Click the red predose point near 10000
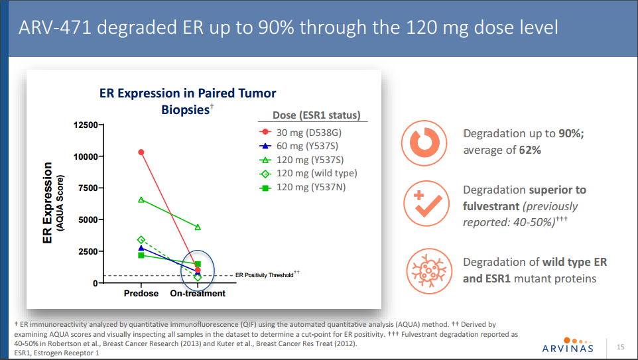coord(141,152)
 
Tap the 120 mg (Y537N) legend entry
coord(311,187)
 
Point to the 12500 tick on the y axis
coord(84,125)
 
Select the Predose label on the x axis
coord(141,293)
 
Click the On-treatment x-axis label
coord(198,293)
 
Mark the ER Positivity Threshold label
coord(264,274)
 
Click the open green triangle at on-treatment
coord(198,227)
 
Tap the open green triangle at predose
coord(141,200)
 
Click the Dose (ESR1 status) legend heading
coord(316,115)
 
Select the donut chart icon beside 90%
coord(422,141)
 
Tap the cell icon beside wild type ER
coord(422,271)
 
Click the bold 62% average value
coord(530,150)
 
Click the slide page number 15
coord(621,347)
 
